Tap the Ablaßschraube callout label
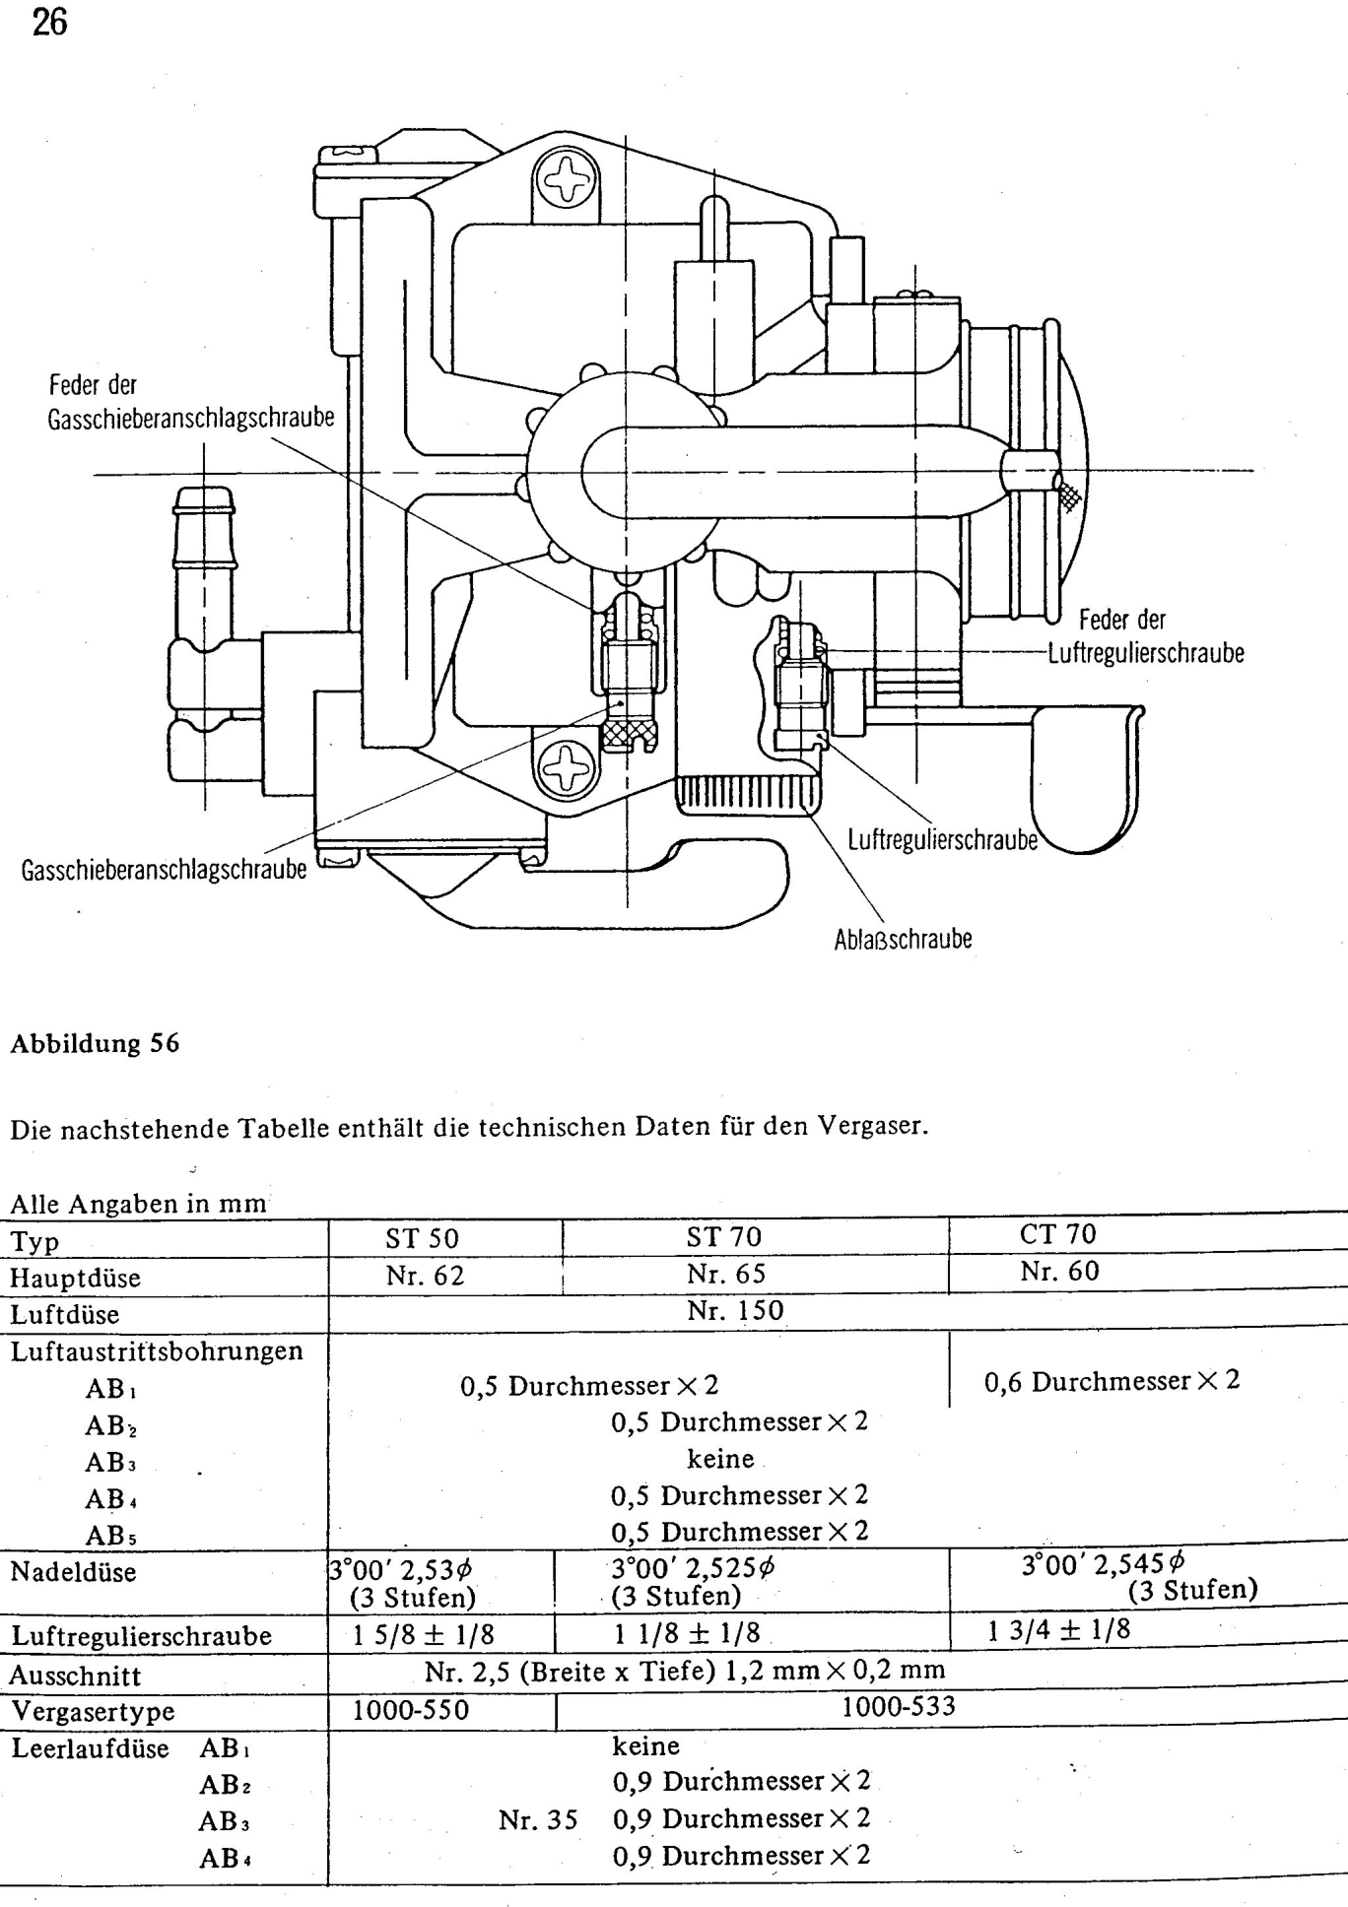pyautogui.click(x=903, y=939)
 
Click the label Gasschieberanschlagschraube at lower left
pyautogui.click(x=164, y=870)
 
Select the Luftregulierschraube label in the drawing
pyautogui.click(x=942, y=840)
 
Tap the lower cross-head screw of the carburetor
pyautogui.click(x=566, y=767)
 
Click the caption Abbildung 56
pyautogui.click(x=95, y=1043)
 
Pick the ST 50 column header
pyautogui.click(x=422, y=1238)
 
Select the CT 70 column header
pyautogui.click(x=1058, y=1234)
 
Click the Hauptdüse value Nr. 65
pyautogui.click(x=725, y=1274)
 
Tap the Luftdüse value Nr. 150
pyautogui.click(x=735, y=1310)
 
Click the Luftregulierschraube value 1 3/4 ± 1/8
pyautogui.click(x=1059, y=1630)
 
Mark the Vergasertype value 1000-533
pyautogui.click(x=898, y=1706)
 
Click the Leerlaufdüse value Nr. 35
pyautogui.click(x=538, y=1819)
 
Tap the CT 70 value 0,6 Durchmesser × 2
pyautogui.click(x=1112, y=1381)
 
